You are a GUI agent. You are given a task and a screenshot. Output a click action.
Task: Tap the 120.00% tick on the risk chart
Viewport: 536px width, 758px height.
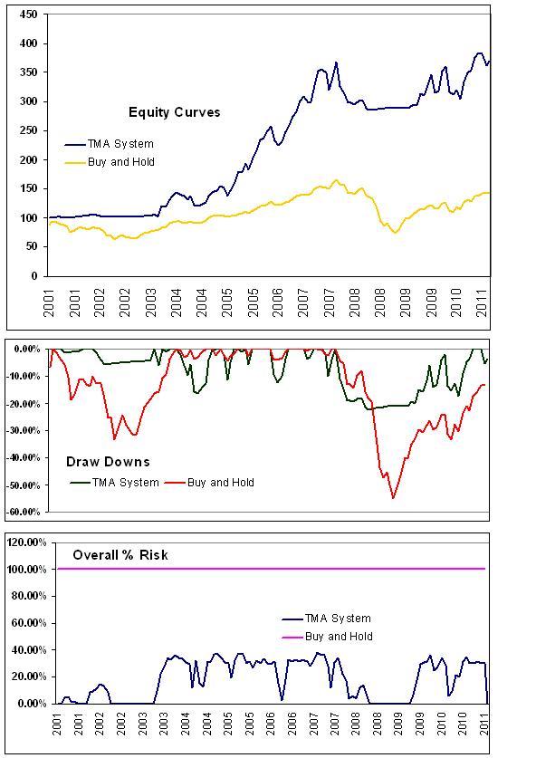[27, 542]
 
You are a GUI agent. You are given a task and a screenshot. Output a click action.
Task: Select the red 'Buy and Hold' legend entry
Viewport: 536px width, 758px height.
[221, 483]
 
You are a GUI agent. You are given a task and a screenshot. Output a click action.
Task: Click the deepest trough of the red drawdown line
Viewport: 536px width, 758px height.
[393, 497]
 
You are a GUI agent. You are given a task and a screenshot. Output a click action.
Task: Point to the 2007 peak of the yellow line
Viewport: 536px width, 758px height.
[336, 180]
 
